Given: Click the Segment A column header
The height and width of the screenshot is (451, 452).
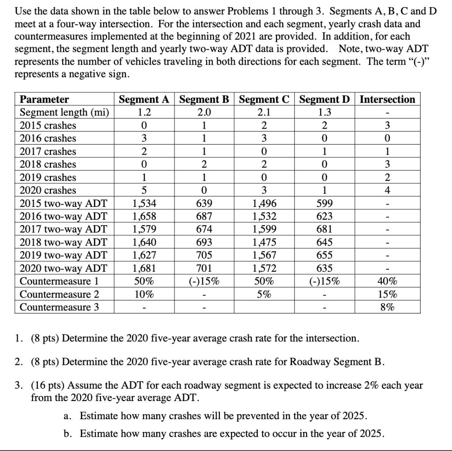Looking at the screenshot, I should pyautogui.click(x=144, y=99).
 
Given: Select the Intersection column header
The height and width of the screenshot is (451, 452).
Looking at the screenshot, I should pyautogui.click(x=388, y=99).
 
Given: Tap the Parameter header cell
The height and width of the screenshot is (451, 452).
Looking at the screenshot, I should pyautogui.click(x=45, y=99).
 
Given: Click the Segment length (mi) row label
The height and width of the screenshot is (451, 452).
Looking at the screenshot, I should pyautogui.click(x=64, y=112).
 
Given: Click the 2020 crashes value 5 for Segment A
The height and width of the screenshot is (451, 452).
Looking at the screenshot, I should pyautogui.click(x=144, y=191).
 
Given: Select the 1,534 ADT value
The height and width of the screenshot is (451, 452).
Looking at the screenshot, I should pyautogui.click(x=144, y=204).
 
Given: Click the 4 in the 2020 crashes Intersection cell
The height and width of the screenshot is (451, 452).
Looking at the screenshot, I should pyautogui.click(x=388, y=191).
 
